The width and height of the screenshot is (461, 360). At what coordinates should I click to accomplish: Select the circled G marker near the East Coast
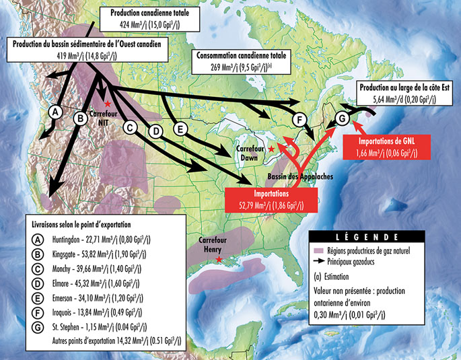(x=341, y=118)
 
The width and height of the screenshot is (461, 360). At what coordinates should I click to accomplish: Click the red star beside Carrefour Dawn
(x=271, y=148)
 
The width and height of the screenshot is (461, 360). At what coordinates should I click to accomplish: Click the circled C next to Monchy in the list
(x=40, y=270)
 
